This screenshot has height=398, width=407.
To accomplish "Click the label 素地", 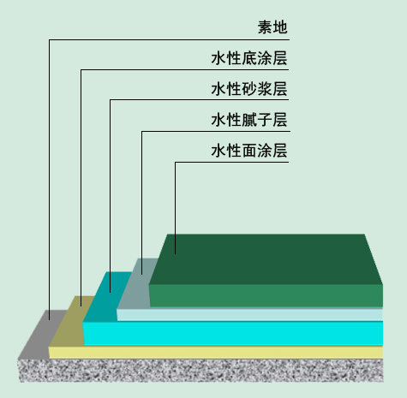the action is [272, 27].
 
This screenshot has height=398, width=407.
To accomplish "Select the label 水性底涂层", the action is [249, 58].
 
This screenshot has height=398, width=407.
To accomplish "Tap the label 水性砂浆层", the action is [249, 89].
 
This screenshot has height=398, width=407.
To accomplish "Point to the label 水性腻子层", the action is [249, 120].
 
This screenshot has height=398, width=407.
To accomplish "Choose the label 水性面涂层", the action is [249, 151].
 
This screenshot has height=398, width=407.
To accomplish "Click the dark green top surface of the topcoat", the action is [266, 259].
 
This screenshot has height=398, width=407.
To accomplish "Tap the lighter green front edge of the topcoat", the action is [266, 296].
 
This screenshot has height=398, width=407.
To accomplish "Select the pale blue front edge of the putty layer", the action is [250, 315].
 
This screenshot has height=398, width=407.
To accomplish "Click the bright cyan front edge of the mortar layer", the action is [233, 333].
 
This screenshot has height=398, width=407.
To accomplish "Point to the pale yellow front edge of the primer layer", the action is [216, 353].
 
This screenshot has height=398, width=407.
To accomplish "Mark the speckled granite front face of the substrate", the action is [201, 371].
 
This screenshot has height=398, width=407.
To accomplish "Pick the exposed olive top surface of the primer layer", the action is [72, 321].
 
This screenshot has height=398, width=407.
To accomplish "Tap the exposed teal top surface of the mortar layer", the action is [107, 297].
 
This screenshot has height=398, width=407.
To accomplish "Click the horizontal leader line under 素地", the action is [169, 39].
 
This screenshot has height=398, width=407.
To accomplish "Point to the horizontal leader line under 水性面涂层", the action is [232, 163].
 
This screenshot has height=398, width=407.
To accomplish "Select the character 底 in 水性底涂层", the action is [249, 58].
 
